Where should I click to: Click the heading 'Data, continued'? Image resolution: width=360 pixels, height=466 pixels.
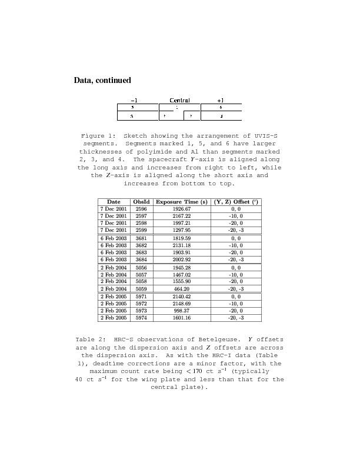click(102, 80)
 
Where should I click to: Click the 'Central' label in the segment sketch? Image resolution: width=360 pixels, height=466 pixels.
click(179, 100)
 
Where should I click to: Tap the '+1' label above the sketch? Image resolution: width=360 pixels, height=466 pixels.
click(221, 100)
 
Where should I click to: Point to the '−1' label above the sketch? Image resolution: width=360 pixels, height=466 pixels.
click(134, 100)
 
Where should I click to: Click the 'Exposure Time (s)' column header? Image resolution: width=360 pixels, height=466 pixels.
click(182, 202)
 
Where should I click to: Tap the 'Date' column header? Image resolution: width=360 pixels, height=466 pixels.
click(114, 202)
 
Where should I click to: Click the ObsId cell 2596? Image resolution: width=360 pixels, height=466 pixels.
click(141, 209)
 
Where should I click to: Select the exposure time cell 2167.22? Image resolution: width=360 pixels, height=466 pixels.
click(182, 216)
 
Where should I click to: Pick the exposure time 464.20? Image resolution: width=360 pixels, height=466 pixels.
click(182, 289)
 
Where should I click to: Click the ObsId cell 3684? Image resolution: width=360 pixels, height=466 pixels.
click(141, 259)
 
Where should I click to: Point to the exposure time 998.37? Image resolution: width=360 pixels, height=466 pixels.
click(182, 311)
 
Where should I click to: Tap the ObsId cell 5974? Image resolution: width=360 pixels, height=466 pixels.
click(141, 318)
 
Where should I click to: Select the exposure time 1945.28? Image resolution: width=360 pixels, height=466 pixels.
click(182, 268)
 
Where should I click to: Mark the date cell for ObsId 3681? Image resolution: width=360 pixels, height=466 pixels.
click(114, 238)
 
